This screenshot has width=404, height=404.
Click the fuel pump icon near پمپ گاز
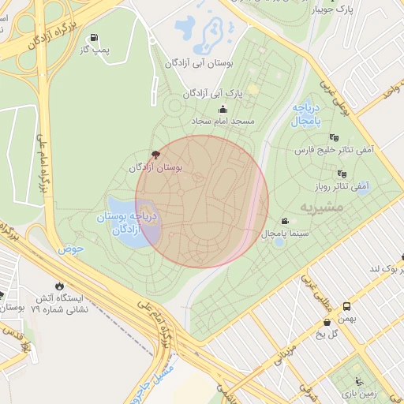[95, 38]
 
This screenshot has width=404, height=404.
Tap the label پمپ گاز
[93, 50]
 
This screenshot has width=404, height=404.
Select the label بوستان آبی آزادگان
[197, 62]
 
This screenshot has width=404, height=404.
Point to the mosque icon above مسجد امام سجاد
[223, 110]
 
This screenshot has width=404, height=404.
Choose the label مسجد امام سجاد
[223, 122]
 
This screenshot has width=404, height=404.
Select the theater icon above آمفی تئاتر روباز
[342, 174]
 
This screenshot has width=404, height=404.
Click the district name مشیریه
[318, 206]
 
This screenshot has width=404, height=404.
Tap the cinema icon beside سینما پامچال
[284, 222]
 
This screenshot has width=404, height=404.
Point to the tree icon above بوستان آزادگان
[154, 155]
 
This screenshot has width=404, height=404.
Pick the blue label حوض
[70, 249]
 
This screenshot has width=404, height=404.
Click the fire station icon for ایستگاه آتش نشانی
[59, 286]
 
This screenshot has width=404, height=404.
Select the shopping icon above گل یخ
[327, 322]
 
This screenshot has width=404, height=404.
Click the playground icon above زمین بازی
[360, 380]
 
